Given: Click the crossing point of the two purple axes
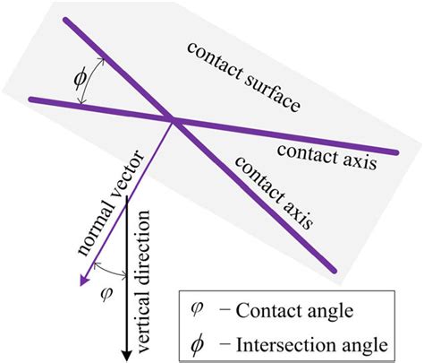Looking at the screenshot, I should [170, 119].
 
